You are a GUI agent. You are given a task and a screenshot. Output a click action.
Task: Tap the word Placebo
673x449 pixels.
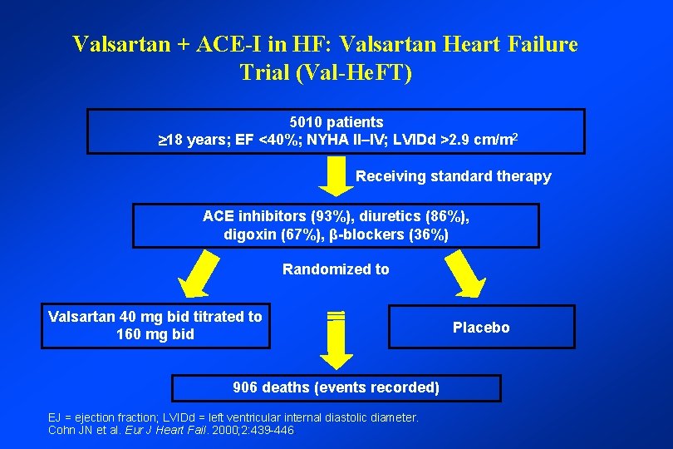481,328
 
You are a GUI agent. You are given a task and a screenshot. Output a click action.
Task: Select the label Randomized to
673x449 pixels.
336,269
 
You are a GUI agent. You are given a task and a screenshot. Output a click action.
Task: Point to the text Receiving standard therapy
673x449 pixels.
453,176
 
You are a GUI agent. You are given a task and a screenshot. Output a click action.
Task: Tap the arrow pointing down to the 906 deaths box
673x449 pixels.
336,342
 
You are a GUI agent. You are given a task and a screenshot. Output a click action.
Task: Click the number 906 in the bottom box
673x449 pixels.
246,387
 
